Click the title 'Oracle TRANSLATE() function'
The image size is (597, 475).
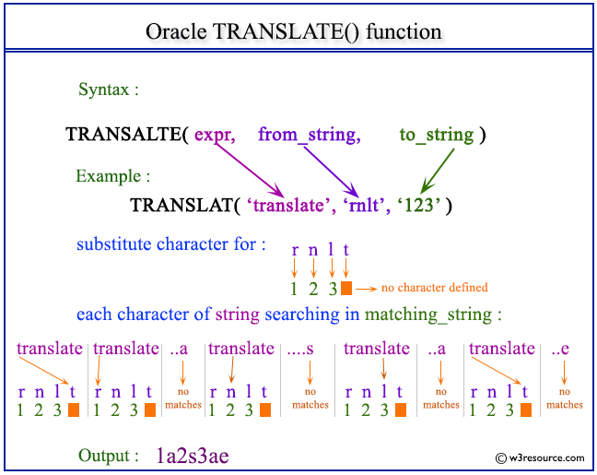(294, 30)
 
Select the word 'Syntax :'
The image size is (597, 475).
(109, 90)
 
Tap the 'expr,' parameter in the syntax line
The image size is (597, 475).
(214, 135)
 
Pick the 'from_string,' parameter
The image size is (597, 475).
(309, 135)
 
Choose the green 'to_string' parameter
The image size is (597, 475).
(436, 135)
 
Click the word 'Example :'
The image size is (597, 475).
(112, 175)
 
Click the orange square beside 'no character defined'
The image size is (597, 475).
(346, 289)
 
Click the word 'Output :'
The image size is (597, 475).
(109, 456)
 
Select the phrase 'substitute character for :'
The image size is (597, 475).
(171, 244)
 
